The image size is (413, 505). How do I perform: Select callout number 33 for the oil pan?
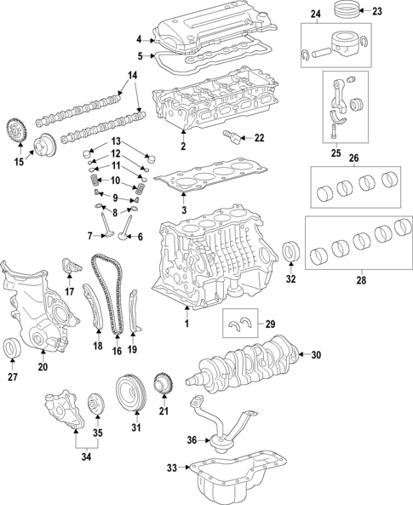(x=172, y=468)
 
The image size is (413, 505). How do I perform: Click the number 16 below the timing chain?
(x=117, y=350)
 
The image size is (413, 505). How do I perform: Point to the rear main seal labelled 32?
(x=290, y=252)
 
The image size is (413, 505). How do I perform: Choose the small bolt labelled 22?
(x=231, y=137)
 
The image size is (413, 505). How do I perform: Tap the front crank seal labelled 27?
(x=14, y=348)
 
